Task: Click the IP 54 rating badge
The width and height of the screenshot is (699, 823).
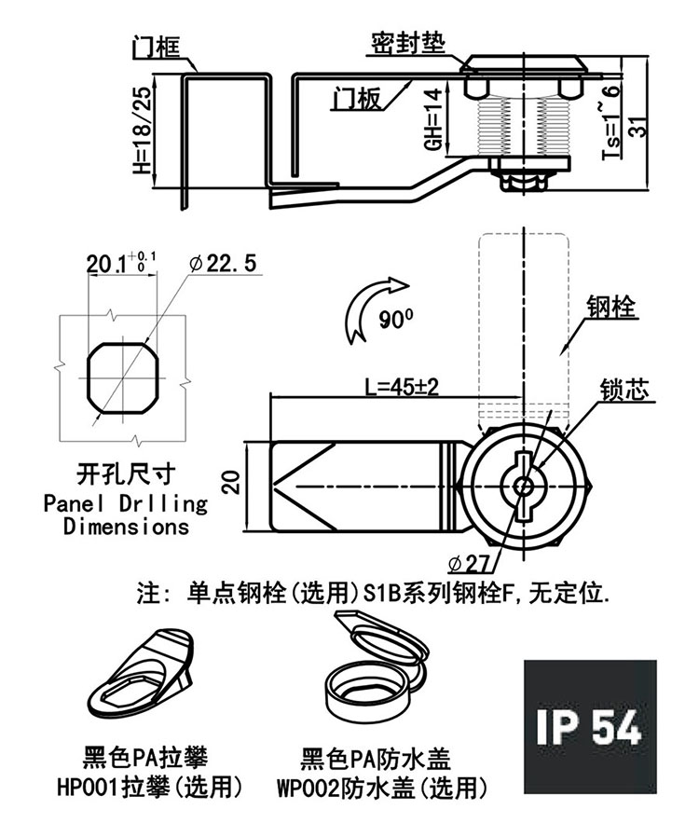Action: pyautogui.click(x=590, y=726)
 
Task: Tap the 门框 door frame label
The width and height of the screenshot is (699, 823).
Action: pyautogui.click(x=156, y=47)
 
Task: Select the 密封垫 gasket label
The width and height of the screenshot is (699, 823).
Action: pyautogui.click(x=408, y=43)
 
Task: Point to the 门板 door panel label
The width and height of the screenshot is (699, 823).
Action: pyautogui.click(x=357, y=98)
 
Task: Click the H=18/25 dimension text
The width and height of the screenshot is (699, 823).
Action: pyautogui.click(x=142, y=130)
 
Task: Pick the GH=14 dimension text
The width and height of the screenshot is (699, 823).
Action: pyautogui.click(x=433, y=119)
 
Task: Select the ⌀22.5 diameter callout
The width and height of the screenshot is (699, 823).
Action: pyautogui.click(x=224, y=263)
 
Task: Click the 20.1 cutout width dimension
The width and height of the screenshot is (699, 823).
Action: pyautogui.click(x=121, y=263)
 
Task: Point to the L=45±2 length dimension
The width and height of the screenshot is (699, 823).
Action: pyautogui.click(x=402, y=387)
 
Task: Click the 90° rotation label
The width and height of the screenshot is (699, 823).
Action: pyautogui.click(x=396, y=319)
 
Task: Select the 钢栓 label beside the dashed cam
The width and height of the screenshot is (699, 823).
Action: pyautogui.click(x=612, y=307)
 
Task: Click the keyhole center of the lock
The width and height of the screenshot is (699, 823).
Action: pyautogui.click(x=523, y=486)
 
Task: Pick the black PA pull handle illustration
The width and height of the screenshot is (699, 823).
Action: pyautogui.click(x=140, y=674)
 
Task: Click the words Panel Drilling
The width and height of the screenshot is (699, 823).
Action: pyautogui.click(x=126, y=504)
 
